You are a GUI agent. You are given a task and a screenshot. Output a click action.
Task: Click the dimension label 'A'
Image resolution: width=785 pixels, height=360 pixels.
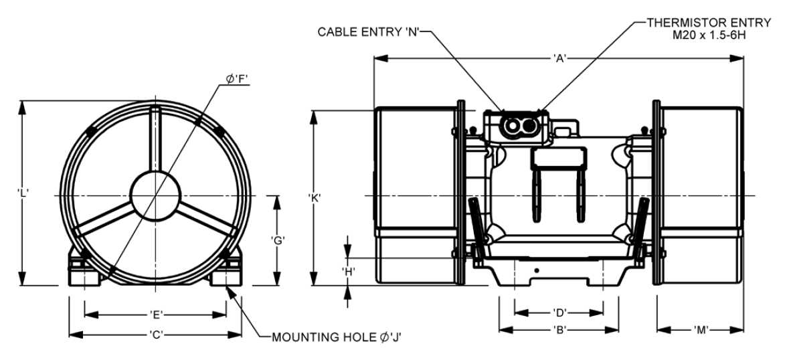[559, 59]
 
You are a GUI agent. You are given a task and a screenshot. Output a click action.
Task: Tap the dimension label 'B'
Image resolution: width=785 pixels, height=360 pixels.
[559, 330]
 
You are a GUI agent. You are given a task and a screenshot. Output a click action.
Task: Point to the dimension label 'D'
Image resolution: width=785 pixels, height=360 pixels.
[559, 313]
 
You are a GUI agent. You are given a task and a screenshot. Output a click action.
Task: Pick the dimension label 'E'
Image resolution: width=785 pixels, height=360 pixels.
[156, 315]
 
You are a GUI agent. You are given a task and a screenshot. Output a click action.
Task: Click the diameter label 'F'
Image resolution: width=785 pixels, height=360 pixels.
[238, 79]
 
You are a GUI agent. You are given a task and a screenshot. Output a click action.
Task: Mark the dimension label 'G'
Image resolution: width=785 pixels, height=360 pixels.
[278, 240]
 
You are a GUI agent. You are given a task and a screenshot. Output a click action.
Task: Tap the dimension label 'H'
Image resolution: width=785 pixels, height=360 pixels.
[349, 272]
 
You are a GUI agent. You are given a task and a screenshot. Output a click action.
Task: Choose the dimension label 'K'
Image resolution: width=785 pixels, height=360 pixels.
[314, 197]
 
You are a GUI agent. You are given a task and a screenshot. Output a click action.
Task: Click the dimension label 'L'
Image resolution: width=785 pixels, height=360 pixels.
[22, 192]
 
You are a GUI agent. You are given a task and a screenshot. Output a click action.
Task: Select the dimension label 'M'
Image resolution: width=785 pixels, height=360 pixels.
[701, 330]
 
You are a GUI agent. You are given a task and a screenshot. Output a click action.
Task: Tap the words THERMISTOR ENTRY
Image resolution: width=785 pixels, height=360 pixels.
[709, 23]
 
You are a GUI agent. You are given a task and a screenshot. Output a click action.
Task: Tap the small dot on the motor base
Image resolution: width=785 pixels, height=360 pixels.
[537, 270]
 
